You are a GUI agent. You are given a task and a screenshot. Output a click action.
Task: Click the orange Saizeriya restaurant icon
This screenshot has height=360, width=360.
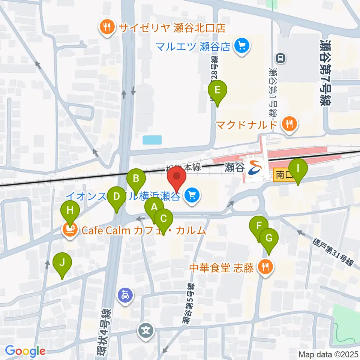click(107, 28)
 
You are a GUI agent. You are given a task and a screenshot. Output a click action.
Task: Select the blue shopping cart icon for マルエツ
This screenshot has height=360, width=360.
click(241, 46)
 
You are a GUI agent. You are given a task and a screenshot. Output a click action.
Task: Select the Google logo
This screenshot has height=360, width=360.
click(25, 351)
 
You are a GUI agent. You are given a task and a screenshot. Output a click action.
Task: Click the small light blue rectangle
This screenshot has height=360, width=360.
click(152, 140)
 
